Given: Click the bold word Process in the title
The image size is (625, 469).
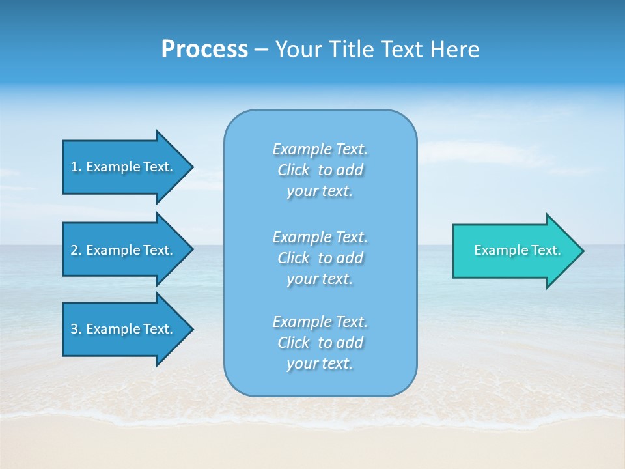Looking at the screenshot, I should [204, 49].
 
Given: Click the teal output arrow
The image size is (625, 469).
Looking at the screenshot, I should [514, 251].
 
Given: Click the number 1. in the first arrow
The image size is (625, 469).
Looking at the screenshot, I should [76, 167].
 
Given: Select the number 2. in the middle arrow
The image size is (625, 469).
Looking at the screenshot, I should [76, 250].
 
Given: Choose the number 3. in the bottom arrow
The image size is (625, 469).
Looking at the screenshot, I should [76, 329].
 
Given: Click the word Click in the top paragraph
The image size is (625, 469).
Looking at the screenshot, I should [294, 170].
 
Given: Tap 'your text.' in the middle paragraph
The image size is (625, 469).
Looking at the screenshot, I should [320, 279].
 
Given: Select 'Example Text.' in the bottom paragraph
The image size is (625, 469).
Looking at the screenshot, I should [320, 322].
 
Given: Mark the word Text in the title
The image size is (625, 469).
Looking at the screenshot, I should [398, 49].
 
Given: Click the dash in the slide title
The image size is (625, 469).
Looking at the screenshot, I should [261, 50].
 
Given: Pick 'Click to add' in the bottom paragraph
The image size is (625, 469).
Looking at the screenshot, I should [320, 343].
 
